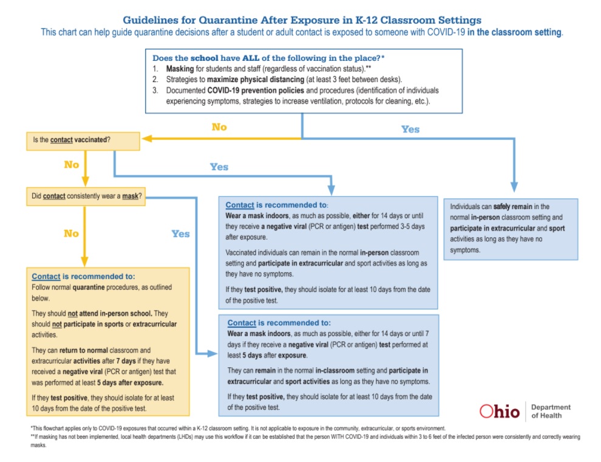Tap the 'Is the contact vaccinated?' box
point(83,141)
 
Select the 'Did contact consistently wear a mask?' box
point(86,196)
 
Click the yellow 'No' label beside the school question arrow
point(219,127)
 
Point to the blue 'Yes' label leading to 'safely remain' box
point(410,129)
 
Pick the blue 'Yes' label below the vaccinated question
point(219,167)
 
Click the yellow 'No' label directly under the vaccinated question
point(71,165)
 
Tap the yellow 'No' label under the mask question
point(71,233)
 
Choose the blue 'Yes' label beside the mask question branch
point(180,233)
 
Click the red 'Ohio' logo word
point(500,412)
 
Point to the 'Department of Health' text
point(551,412)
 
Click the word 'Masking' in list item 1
point(180,69)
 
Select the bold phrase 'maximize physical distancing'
point(256,80)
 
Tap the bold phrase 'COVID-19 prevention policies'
point(256,91)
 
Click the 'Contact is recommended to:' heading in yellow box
point(83,276)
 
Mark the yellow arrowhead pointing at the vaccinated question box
point(146,139)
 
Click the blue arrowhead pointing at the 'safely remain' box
point(514,187)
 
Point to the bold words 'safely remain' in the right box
point(513,207)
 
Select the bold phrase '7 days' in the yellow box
point(129,361)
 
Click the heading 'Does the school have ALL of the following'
point(268,58)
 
